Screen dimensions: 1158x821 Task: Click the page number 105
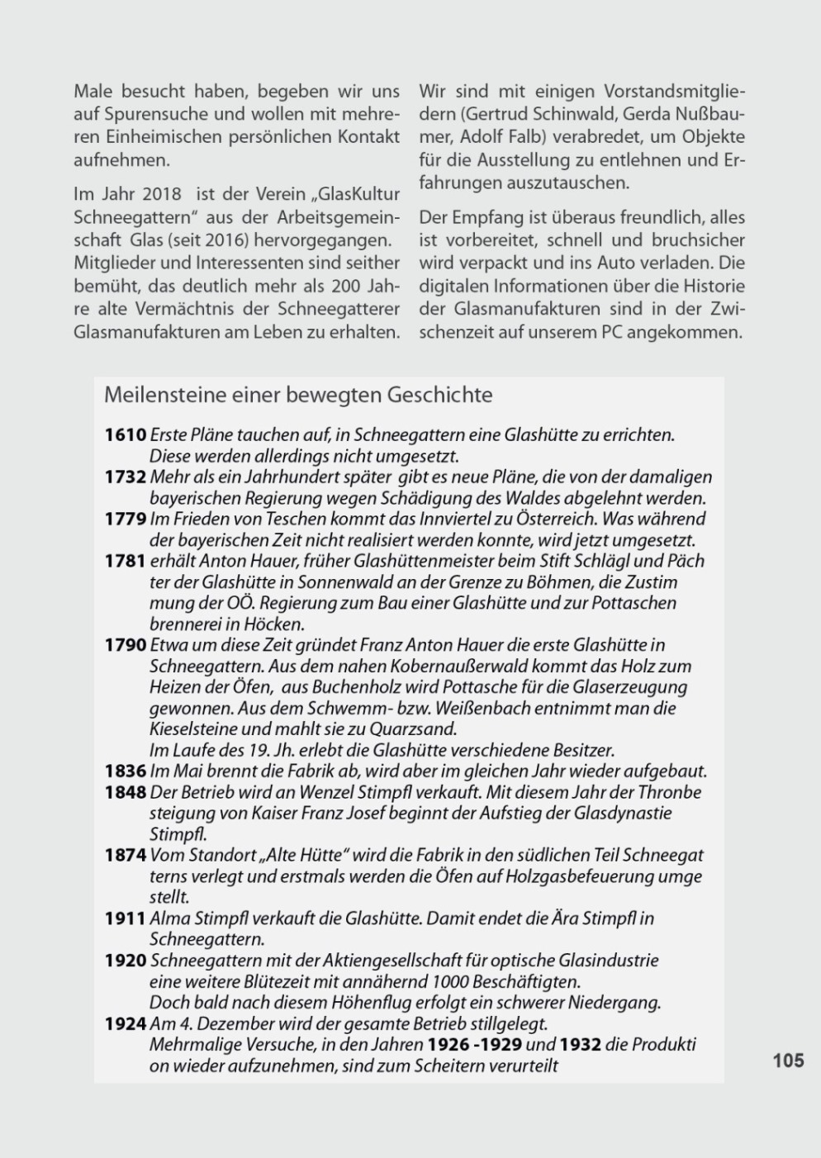(x=788, y=1060)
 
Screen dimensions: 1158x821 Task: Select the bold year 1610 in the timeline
(x=125, y=434)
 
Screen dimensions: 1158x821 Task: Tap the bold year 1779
(x=125, y=519)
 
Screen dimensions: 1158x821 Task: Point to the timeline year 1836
(x=125, y=771)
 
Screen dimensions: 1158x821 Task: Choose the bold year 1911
(x=125, y=918)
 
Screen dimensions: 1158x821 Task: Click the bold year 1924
(x=125, y=1023)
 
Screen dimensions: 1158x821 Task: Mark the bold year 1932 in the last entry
(x=580, y=1044)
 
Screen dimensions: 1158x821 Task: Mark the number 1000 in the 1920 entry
(x=449, y=981)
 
